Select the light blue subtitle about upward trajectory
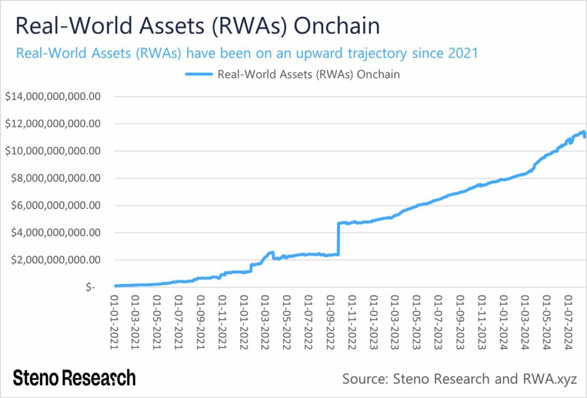[x=247, y=53]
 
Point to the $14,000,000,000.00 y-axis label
[x=53, y=96]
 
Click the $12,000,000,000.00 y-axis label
[x=53, y=123]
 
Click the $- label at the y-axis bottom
[x=90, y=287]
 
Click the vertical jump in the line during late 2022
[x=339, y=238]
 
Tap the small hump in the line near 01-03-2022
[x=270, y=253]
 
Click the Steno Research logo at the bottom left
[x=75, y=378]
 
